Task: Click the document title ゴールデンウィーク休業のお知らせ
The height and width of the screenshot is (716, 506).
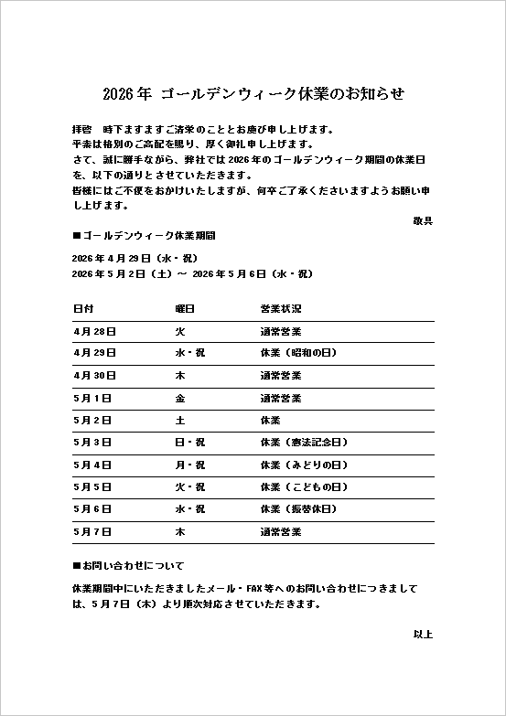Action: point(253,94)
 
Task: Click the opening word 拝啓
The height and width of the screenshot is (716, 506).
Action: point(81,129)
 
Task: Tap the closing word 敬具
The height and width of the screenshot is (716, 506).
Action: point(422,220)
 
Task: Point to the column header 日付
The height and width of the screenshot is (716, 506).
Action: point(82,309)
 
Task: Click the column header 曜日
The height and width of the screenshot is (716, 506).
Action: point(185,309)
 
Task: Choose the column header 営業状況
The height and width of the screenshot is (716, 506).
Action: point(280,309)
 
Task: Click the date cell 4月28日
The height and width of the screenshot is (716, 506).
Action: point(93,331)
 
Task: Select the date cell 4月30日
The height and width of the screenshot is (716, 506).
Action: point(93,375)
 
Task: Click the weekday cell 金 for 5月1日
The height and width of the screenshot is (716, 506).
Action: point(180,398)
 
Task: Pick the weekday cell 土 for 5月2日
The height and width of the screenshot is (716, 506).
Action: point(180,420)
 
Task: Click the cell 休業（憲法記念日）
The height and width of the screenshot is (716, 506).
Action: point(305,442)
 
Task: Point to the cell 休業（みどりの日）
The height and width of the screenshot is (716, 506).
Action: point(305,465)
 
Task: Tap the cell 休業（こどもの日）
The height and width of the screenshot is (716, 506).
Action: point(305,486)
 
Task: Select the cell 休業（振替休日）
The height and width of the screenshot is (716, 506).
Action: point(299,508)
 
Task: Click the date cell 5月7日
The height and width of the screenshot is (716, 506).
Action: point(91,530)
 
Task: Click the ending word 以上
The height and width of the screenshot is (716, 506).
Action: point(422,633)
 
